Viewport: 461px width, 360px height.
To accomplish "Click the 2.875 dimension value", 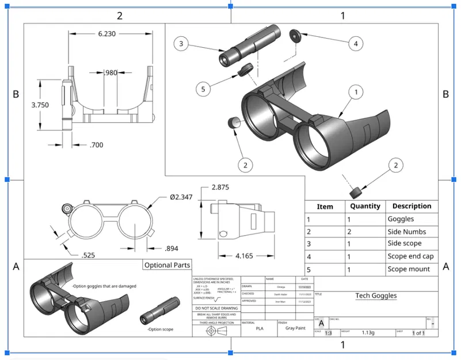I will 221,188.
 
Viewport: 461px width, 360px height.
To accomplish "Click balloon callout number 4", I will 356,43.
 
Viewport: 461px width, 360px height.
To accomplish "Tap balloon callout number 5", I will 202,89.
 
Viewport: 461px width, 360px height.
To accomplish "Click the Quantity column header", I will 365,206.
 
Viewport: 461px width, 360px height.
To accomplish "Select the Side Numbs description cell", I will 407,232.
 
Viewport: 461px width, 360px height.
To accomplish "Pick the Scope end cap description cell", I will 411,256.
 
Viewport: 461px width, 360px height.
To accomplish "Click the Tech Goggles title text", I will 375,296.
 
